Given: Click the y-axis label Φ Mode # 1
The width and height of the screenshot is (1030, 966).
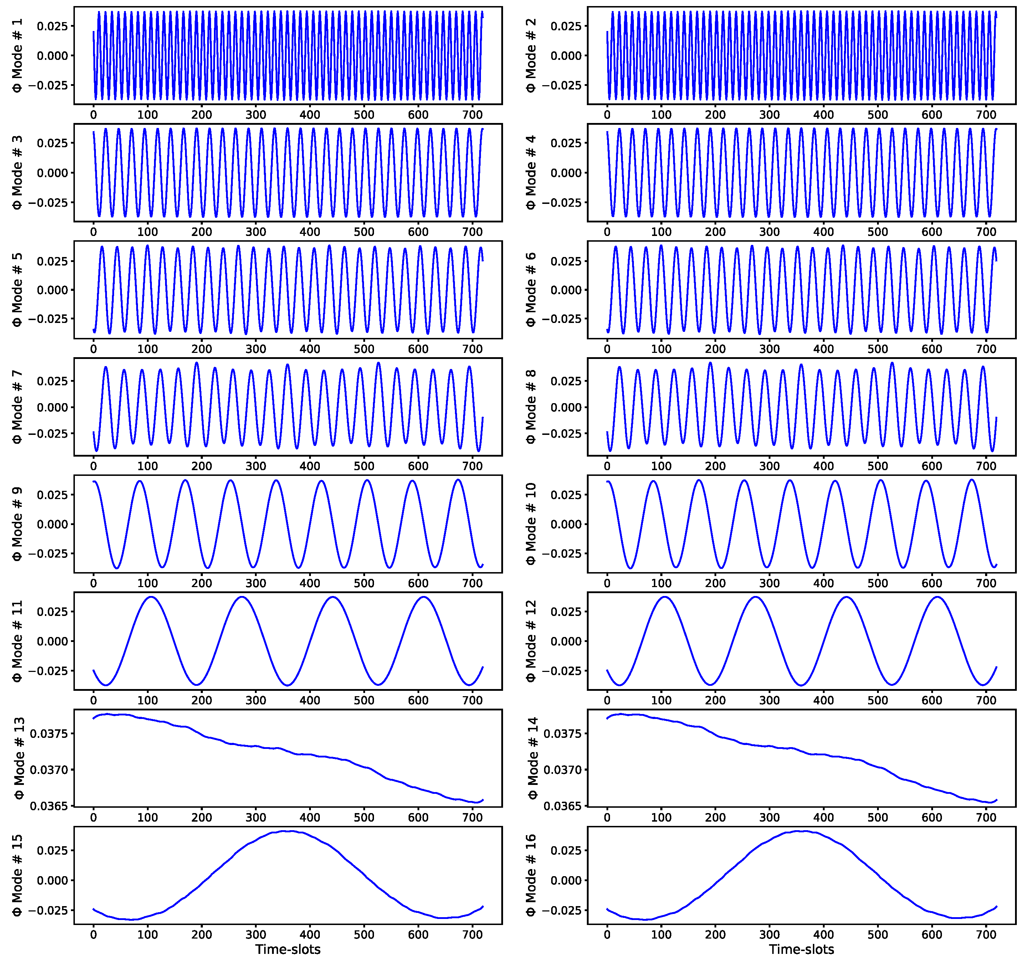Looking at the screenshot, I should tap(17, 55).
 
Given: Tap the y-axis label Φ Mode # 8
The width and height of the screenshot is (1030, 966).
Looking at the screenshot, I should tap(531, 407).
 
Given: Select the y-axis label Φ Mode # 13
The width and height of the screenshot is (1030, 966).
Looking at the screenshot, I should tap(19, 758).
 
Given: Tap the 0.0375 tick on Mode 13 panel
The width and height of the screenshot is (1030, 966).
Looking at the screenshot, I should tap(49, 734).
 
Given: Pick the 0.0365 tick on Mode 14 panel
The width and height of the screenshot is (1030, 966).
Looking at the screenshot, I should tap(563, 806).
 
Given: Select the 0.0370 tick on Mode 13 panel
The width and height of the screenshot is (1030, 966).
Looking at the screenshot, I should tap(49, 770).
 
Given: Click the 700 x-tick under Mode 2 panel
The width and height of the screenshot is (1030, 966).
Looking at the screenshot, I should tap(986, 115).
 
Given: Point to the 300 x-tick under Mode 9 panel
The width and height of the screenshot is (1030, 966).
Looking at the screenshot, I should tap(255, 583).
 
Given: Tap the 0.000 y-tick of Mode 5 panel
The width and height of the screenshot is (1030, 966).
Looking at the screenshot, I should tap(52, 290).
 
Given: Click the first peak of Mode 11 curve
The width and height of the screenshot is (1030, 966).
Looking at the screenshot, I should tap(151, 597).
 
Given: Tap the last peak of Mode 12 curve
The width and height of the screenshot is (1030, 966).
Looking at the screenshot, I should tap(937, 597).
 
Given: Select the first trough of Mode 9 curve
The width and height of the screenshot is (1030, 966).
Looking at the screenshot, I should tap(117, 568).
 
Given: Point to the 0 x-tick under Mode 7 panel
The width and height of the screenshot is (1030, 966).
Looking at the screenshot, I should tap(93, 466).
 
